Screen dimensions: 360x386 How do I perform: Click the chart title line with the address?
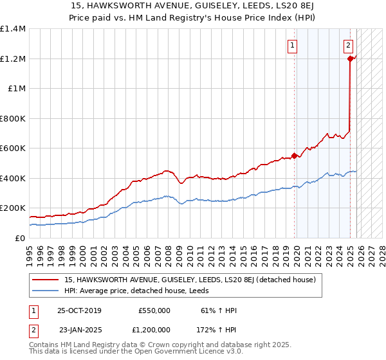193,6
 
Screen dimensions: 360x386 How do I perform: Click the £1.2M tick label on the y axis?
13,59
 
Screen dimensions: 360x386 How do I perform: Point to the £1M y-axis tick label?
15,89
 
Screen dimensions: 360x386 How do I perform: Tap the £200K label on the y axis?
13,208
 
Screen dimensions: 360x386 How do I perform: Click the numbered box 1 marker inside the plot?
292,45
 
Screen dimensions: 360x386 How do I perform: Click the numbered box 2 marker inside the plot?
348,45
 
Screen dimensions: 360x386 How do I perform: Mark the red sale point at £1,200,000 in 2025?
351,59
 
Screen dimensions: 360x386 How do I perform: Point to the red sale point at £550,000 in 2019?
295,156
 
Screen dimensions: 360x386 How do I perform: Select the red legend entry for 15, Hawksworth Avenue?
190,280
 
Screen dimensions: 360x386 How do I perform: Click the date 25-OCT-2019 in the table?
79,310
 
